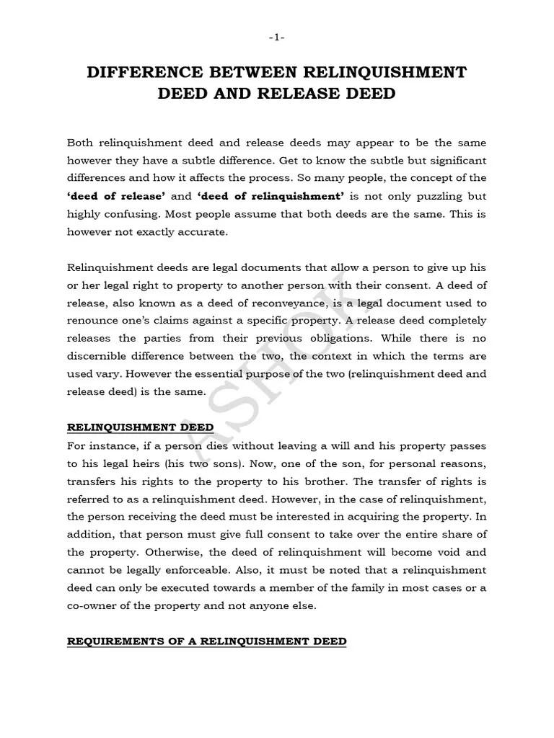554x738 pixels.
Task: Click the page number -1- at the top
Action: [x=277, y=38]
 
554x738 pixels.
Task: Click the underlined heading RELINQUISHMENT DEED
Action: [x=141, y=427]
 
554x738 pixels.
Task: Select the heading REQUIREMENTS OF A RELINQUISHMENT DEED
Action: [x=206, y=641]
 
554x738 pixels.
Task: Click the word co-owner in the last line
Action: [x=92, y=605]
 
